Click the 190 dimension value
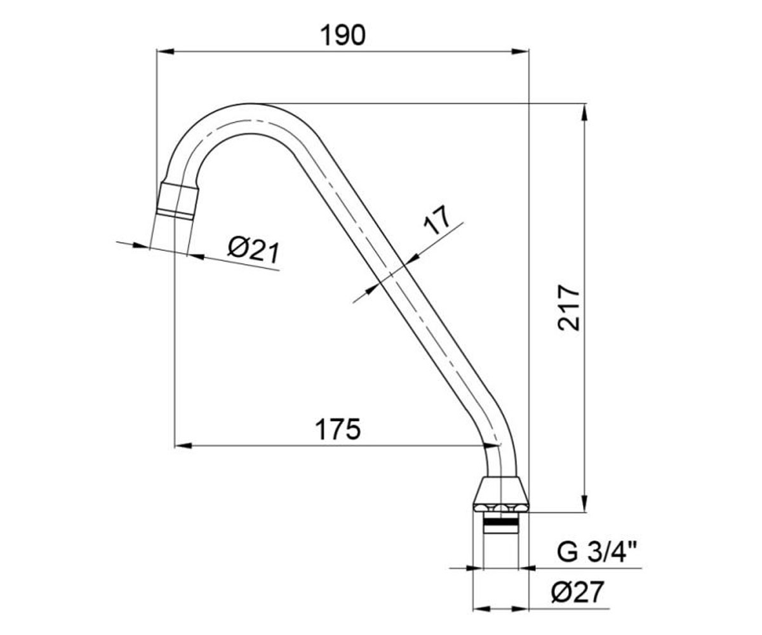point(343,35)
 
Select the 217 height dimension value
point(568,309)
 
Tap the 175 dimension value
point(338,429)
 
